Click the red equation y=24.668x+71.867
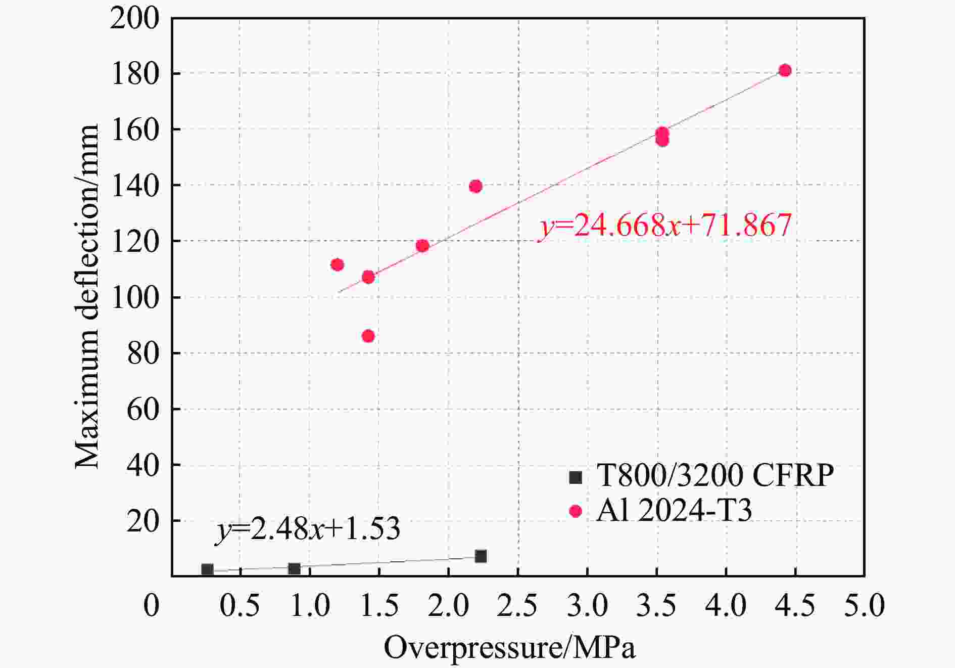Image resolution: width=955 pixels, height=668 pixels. coord(665,226)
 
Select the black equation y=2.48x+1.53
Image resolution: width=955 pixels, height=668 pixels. coord(308,529)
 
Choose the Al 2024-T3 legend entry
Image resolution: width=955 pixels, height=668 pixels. coord(674,510)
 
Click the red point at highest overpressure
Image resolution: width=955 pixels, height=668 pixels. coord(785,70)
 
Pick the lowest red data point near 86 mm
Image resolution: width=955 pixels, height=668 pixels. coord(368,336)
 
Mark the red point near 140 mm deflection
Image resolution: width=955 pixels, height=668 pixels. coord(475,187)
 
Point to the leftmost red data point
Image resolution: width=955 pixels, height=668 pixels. coord(337,265)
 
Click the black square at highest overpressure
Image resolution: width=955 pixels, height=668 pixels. coord(481,556)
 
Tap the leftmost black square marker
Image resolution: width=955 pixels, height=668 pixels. coord(207,570)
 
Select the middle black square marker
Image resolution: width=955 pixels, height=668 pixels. coord(295,569)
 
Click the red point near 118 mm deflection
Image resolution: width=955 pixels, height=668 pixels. coord(422,246)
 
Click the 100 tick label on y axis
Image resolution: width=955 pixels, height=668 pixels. coord(135,298)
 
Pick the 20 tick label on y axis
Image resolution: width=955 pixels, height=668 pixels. coord(143,521)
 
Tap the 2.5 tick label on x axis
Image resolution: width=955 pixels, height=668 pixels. coord(517,605)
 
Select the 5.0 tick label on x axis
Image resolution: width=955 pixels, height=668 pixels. coord(864,605)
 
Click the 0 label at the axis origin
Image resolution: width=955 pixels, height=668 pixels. coord(152,605)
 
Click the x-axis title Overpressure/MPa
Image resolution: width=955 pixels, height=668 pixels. coord(509,648)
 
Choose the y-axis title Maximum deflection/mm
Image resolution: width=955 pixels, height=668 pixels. coord(87,297)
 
